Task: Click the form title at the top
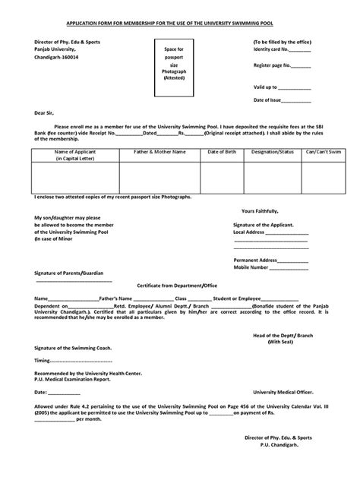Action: pos(180,23)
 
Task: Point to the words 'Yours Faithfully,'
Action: pos(260,210)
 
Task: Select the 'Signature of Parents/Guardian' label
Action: pos(69,272)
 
